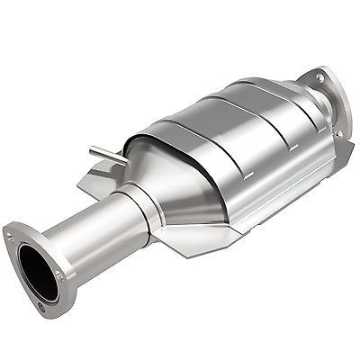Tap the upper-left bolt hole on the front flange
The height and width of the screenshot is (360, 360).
click(11, 238)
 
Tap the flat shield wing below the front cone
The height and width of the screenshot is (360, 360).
click(193, 236)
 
